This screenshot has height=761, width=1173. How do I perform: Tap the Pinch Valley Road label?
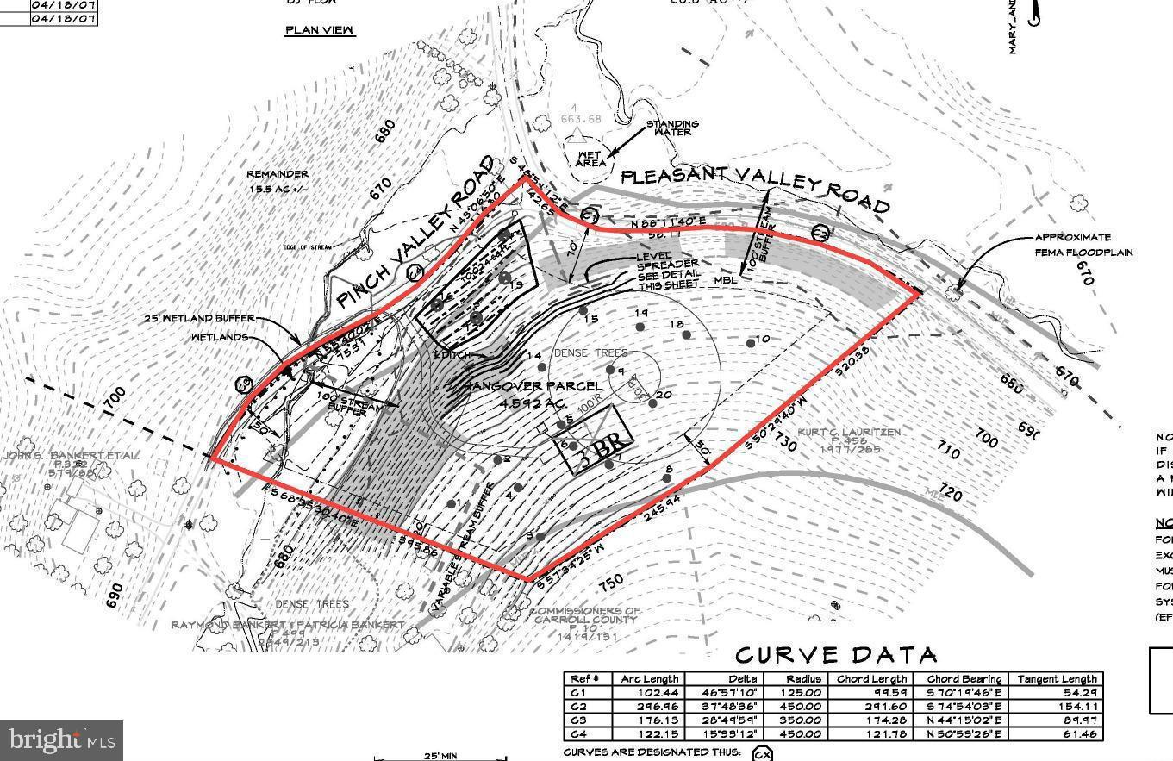click(x=415, y=233)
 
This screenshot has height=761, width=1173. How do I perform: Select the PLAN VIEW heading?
click(x=320, y=30)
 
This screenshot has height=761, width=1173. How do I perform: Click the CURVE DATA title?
click(x=835, y=656)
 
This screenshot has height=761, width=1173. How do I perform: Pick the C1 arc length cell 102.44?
click(x=651, y=692)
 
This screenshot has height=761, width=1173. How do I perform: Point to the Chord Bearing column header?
click(x=964, y=679)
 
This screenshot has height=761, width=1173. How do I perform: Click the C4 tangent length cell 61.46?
click(x=1057, y=733)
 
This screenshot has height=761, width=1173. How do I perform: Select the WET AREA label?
click(x=590, y=159)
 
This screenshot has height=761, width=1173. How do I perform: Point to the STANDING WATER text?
click(x=672, y=128)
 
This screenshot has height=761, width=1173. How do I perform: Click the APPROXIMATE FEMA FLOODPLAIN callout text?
click(x=1084, y=245)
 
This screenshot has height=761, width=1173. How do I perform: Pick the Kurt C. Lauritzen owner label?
click(x=849, y=440)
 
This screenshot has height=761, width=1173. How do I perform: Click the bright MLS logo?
click(x=61, y=740)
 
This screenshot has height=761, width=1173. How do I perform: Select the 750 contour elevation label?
click(x=610, y=583)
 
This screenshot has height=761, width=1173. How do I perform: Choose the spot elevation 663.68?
click(x=581, y=119)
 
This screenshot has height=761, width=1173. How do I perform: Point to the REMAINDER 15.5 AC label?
click(x=278, y=181)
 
